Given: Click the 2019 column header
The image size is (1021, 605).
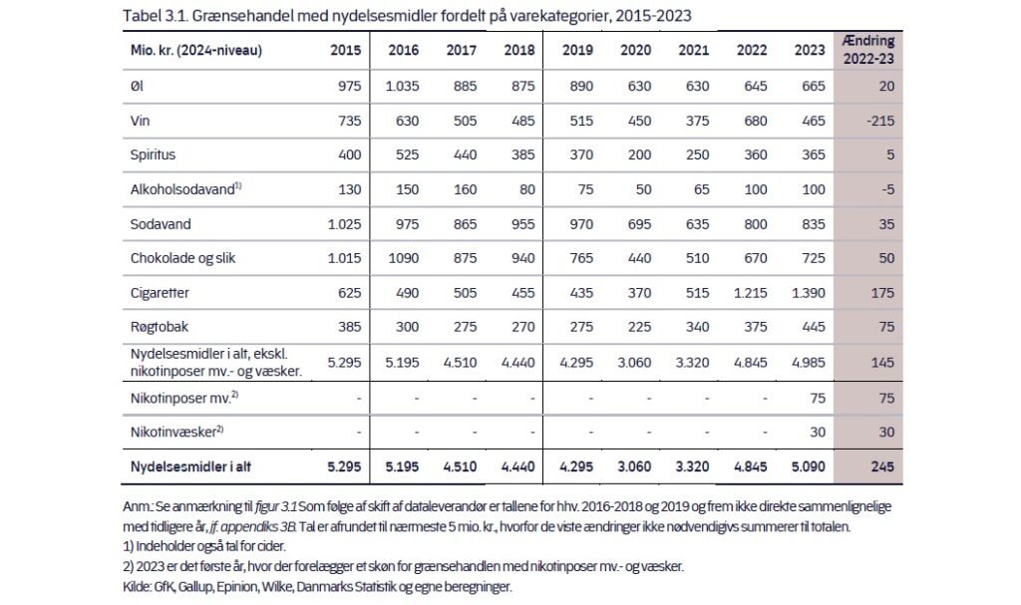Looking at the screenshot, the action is click(x=577, y=50).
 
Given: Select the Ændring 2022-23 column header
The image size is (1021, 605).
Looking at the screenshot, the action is click(x=868, y=50).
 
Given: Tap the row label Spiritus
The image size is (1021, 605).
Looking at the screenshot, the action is click(x=153, y=155).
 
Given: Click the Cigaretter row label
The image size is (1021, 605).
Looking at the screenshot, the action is click(x=160, y=293).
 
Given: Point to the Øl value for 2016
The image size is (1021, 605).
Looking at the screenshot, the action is click(x=402, y=86).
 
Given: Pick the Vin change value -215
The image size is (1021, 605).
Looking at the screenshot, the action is click(x=880, y=121).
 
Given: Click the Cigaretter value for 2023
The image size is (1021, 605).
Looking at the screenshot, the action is click(x=808, y=293).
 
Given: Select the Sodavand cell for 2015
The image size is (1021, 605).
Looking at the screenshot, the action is click(x=344, y=224).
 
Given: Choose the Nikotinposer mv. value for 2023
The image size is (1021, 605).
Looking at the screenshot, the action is click(x=818, y=398).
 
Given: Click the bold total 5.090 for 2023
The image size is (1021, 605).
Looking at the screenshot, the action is click(x=808, y=466).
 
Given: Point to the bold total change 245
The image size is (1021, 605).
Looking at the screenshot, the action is click(x=883, y=466).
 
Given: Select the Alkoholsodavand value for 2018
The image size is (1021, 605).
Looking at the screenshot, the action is click(x=526, y=189).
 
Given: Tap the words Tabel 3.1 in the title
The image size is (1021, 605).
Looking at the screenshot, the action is click(x=155, y=16).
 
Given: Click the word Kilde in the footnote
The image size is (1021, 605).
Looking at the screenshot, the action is click(x=136, y=587).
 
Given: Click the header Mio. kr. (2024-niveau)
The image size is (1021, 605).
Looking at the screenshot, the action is click(x=196, y=50).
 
